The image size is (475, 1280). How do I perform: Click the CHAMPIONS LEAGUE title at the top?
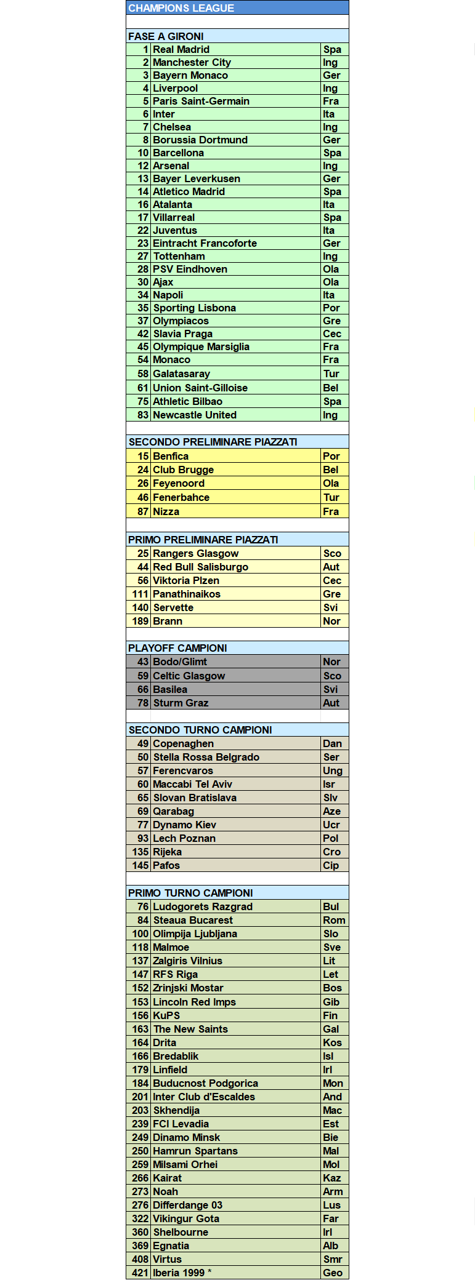point(181,8)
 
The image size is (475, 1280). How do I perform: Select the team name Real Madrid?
point(181,49)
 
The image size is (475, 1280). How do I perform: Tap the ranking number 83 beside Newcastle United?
point(143,415)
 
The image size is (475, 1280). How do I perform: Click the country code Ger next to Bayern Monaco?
point(331,75)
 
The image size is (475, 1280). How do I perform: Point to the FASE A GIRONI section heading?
point(166,36)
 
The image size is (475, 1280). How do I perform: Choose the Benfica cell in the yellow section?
point(171,456)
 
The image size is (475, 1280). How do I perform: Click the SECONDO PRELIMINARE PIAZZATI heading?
point(213,442)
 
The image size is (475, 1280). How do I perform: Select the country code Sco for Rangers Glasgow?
point(331,553)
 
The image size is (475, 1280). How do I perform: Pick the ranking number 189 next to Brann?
point(140,621)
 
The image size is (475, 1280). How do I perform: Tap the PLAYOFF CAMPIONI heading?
point(177,648)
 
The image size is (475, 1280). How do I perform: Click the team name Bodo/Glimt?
point(180,662)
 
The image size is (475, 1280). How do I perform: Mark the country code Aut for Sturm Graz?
point(331,703)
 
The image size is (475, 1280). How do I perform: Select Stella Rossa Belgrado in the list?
point(206,757)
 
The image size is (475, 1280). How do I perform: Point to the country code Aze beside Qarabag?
point(331,811)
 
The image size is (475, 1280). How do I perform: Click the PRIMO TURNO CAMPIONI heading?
point(190,893)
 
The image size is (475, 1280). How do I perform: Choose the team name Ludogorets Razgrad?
point(203,906)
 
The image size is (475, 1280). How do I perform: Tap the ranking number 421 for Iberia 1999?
point(140,1273)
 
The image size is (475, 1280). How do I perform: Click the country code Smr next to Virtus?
point(332,1259)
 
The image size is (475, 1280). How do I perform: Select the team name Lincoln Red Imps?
point(194,1002)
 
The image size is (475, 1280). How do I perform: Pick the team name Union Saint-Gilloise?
point(200,388)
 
